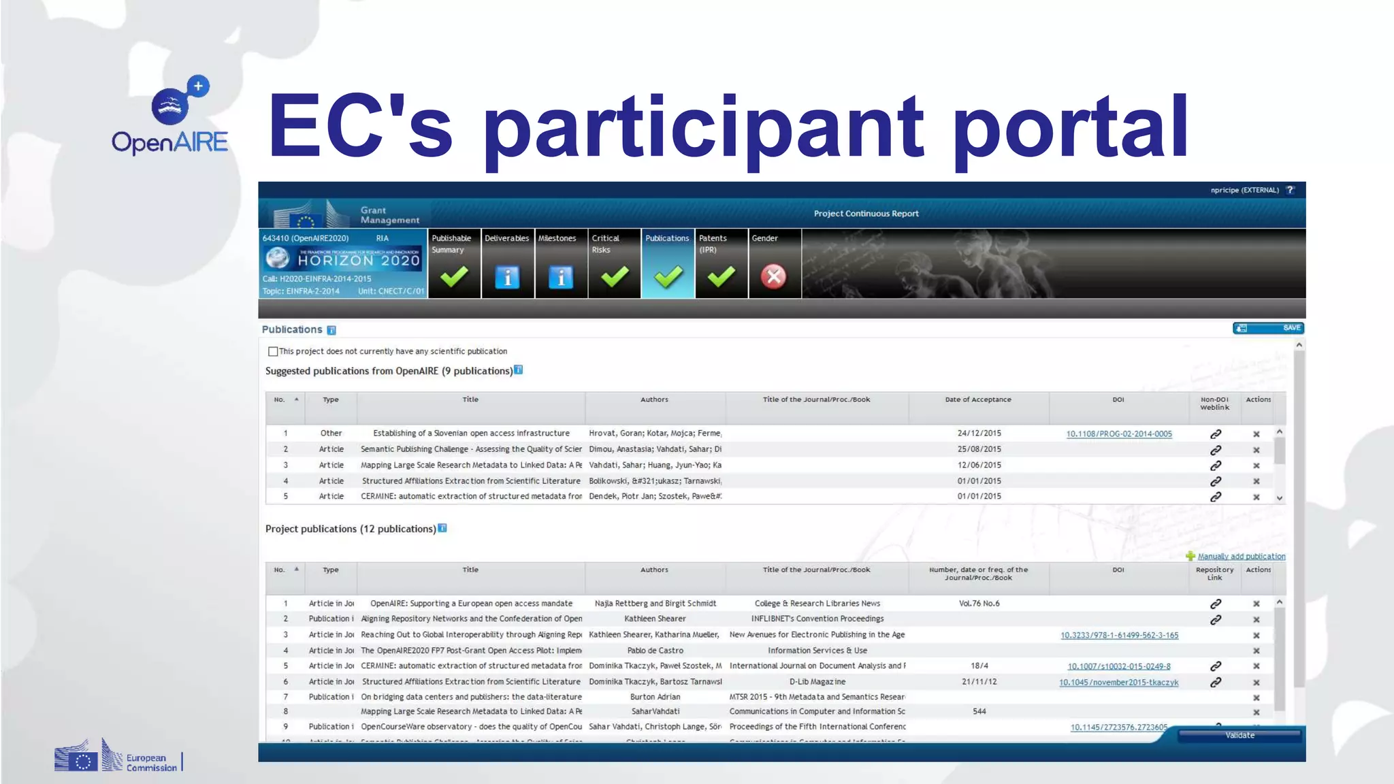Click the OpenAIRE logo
pos(170,116)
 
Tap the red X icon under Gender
pos(773,277)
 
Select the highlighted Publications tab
pos(668,263)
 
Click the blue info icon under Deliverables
pos(507,277)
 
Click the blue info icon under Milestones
pos(561,277)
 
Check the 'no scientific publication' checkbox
pos(273,352)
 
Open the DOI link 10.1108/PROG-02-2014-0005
pos(1119,434)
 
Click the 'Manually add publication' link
pos(1241,557)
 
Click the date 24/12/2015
pos(979,434)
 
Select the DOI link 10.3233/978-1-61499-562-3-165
pos(1119,636)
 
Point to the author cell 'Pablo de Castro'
pos(655,651)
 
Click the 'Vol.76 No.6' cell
pos(979,604)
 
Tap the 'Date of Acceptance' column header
pos(977,400)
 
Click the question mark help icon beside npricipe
pos(1290,191)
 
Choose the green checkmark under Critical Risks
pos(615,277)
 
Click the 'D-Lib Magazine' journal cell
pos(817,682)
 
